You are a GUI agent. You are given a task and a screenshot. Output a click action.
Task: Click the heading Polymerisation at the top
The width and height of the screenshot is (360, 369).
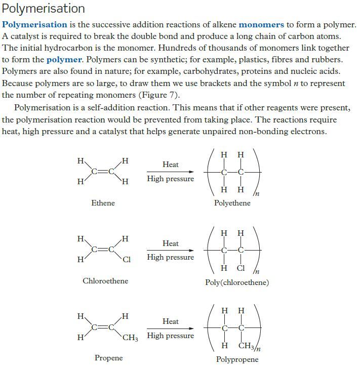coord(44,9)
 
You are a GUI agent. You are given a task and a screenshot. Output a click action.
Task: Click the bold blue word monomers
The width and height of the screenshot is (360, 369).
coord(261,24)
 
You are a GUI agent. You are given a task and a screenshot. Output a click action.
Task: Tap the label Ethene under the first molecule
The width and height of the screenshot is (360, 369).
coord(103,202)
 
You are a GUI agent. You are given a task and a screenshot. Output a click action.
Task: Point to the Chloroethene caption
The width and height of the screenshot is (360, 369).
coord(105,280)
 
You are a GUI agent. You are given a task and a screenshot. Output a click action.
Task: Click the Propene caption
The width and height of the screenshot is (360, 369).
coord(108,358)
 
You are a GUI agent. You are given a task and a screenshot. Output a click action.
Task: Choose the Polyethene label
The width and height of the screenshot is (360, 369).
coord(232,203)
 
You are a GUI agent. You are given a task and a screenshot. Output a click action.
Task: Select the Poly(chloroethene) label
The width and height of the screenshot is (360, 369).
coord(237,282)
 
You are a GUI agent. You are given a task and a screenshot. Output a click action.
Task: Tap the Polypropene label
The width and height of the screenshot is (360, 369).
coord(237,359)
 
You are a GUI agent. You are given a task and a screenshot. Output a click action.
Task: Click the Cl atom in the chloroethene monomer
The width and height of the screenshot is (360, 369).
coord(127,260)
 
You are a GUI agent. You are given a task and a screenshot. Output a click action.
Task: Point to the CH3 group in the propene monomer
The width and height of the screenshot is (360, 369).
coord(130,338)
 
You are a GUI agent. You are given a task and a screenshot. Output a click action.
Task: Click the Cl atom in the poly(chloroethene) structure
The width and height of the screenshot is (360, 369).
coord(241,268)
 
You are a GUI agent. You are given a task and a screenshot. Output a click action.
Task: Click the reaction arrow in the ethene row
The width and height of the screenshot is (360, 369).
coord(170,172)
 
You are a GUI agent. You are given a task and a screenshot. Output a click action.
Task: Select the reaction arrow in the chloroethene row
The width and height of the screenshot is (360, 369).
coord(170,250)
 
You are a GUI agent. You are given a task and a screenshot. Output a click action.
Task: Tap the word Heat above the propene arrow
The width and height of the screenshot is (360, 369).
coord(171,321)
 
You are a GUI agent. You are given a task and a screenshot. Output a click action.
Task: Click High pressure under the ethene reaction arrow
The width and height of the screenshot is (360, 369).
coord(170,179)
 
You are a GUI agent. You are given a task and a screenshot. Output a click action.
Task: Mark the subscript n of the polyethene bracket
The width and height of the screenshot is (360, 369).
coord(257,194)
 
